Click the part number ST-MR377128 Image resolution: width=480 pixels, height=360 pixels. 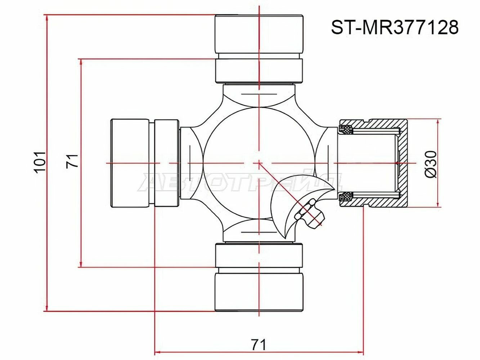click(x=395, y=27)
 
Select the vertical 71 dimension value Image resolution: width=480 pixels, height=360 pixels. click(x=72, y=161)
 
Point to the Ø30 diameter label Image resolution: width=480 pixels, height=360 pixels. click(x=431, y=164)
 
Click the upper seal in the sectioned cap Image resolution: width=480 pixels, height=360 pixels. click(x=346, y=129)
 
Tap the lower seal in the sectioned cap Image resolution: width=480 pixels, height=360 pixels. click(x=346, y=197)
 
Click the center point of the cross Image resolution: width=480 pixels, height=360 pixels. click(x=259, y=163)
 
